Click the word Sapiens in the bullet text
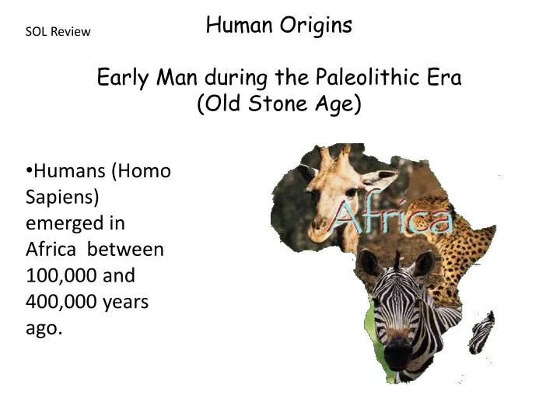[61, 197]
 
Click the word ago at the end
[42, 328]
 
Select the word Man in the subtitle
[184, 77]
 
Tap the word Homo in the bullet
[146, 171]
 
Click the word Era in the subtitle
[443, 77]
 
